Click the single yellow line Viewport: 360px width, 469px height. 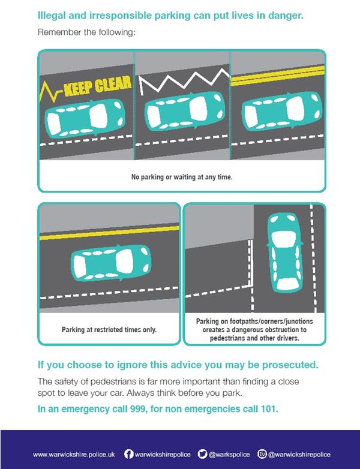pos(109,233)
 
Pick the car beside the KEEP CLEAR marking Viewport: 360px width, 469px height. pos(84,118)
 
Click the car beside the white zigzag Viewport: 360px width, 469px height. pos(185,110)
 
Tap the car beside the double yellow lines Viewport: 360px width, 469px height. pos(281,111)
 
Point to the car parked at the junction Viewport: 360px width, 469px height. pos(285,252)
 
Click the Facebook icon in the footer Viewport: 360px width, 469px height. pos(128,454)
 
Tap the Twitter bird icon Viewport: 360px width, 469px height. pos(202,454)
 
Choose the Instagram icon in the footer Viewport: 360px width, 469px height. pos(262,454)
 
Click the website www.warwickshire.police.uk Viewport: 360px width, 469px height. pos(74,455)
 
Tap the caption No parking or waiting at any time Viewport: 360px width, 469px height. pos(182,177)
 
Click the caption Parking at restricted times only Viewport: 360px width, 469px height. pos(109,330)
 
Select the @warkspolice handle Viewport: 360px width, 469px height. pos(229,455)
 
